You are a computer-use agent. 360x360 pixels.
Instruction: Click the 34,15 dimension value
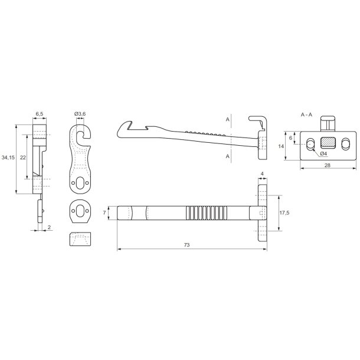8,157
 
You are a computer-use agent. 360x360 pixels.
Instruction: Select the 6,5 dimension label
40,114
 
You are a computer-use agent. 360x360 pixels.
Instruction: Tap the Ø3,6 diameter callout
80,114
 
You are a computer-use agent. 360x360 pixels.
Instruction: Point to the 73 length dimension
186,245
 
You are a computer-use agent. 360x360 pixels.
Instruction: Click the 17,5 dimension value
284,213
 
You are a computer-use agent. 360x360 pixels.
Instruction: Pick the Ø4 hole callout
323,153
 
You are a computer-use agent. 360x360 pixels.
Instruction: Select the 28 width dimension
328,165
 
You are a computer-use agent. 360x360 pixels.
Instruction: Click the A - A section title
306,114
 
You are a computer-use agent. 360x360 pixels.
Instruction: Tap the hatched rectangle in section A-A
328,142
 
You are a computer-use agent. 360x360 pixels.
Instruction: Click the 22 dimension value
23,157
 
